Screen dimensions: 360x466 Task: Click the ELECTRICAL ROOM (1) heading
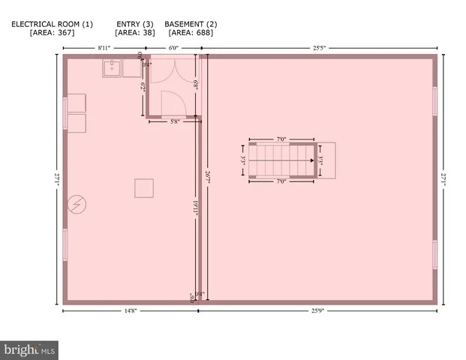tap(52, 24)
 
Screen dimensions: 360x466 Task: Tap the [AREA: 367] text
tap(52, 33)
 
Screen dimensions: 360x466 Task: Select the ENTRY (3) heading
tap(134, 24)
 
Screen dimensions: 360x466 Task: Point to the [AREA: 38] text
tap(134, 33)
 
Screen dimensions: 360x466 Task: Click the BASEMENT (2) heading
tap(191, 24)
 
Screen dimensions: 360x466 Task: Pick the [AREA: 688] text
tap(191, 33)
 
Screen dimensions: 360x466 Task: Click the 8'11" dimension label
tap(104, 48)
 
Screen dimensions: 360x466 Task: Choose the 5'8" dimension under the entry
tap(175, 121)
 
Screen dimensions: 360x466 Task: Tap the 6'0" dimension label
tap(173, 48)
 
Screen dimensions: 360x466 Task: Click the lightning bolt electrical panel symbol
tap(77, 204)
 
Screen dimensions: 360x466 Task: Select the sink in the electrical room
tap(113, 68)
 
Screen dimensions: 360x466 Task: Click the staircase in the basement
tap(281, 160)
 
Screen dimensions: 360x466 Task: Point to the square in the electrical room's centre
tap(144, 187)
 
